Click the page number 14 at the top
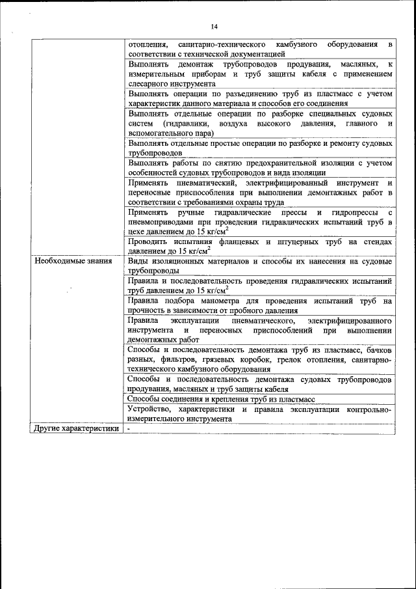[x=214, y=26]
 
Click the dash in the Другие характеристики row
[x=129, y=429]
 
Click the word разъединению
[x=229, y=94]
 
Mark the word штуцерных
[x=304, y=241]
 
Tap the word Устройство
[x=148, y=409]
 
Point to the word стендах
[x=377, y=241]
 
